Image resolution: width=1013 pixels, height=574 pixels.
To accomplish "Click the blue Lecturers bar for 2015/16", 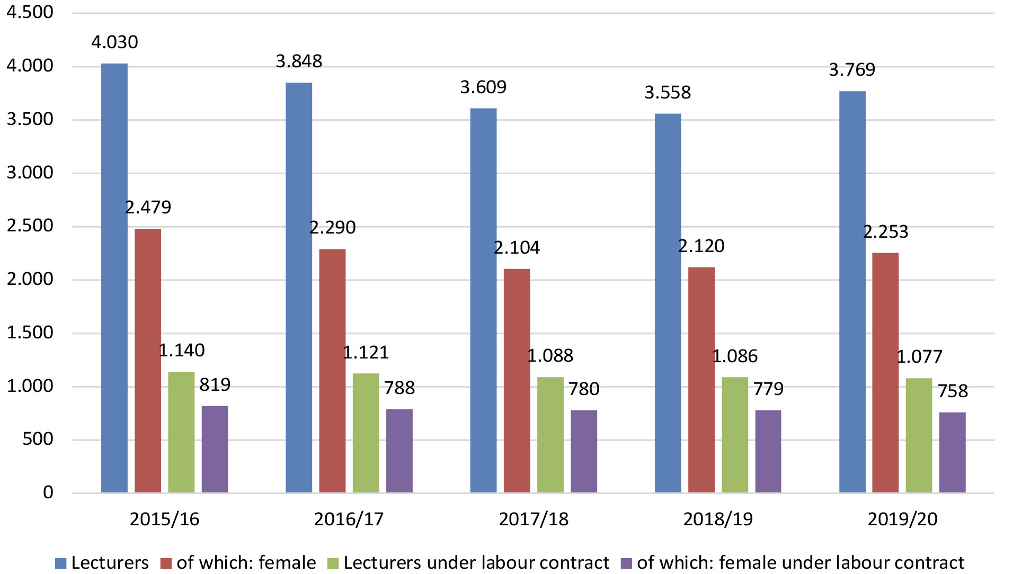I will click(114, 278).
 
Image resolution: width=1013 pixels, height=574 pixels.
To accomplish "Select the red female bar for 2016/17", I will click(332, 371).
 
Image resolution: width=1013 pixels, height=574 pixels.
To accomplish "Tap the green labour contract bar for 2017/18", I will click(550, 435).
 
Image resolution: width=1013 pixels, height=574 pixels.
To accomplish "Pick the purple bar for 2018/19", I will click(768, 451).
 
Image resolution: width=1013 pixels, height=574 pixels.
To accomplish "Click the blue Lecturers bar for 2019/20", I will click(852, 292).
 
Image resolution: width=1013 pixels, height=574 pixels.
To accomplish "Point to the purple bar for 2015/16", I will click(215, 449).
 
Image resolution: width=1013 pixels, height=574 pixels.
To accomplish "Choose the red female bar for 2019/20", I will click(885, 373).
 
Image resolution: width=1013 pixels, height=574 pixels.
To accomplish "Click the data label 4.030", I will click(114, 42).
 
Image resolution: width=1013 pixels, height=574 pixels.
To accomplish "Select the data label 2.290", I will click(332, 227).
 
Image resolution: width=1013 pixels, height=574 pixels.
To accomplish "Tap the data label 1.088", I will click(550, 355).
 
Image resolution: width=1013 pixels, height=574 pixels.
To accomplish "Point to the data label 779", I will click(768, 389).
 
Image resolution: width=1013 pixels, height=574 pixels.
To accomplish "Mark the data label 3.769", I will click(852, 69).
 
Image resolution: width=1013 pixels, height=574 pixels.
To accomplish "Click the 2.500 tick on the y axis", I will click(30, 226).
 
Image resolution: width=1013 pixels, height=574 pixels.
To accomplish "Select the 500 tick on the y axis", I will click(38, 439).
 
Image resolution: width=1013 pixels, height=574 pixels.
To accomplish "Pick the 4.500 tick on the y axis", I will click(30, 12).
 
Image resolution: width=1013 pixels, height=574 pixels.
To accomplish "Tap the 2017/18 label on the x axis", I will click(534, 519).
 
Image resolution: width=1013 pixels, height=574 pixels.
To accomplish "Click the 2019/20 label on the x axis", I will click(902, 519).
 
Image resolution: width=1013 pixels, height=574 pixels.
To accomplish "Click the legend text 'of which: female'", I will click(246, 562).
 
